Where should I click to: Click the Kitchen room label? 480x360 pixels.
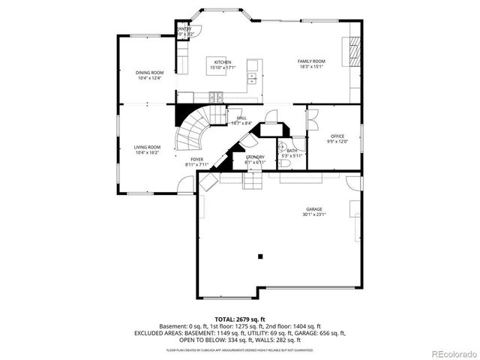click(222, 62)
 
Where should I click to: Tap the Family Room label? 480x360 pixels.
click(310, 61)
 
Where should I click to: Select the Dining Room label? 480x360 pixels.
click(149, 73)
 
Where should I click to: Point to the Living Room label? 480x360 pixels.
click(147, 147)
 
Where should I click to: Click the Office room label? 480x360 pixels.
click(337, 136)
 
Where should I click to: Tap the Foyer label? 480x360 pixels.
click(196, 159)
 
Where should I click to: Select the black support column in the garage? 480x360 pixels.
click(260, 256)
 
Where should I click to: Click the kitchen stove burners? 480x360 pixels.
click(216, 95)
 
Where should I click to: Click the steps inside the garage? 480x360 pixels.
click(253, 182)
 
